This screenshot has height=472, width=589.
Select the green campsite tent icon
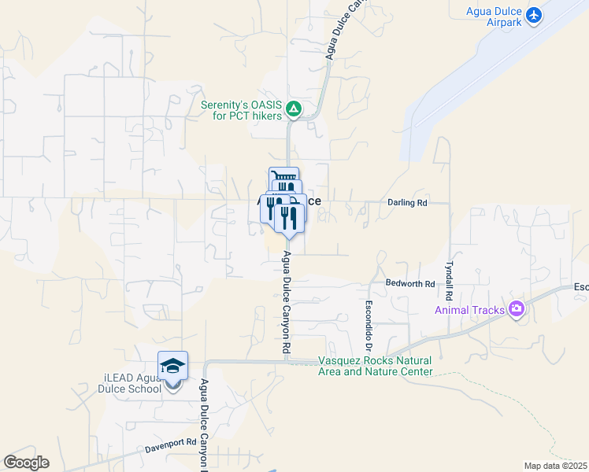(293, 108)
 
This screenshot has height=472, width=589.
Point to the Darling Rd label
(407, 203)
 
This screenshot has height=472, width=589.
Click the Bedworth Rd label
(410, 283)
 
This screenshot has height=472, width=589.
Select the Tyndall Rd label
(450, 281)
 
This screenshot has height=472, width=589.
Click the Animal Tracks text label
(469, 310)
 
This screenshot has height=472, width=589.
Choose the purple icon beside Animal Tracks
(517, 309)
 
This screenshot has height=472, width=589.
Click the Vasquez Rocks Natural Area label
(375, 366)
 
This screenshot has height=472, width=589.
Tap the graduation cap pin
(172, 367)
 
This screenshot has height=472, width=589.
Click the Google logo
(26, 463)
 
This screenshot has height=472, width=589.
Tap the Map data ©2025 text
(556, 466)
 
